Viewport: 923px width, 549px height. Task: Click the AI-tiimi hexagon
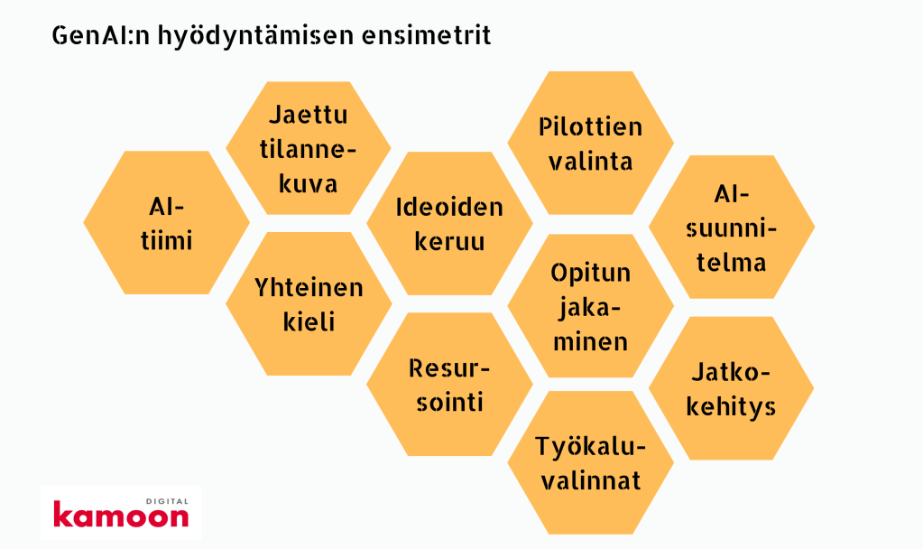pos(167,223)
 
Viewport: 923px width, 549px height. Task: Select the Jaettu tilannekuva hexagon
pos(309,148)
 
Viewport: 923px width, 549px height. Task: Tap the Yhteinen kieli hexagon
pos(309,304)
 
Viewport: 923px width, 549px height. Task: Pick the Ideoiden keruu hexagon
pos(449,224)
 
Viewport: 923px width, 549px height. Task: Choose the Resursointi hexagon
pos(449,385)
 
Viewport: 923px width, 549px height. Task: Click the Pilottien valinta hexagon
pos(590,144)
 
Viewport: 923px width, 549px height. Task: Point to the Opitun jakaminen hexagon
pos(590,306)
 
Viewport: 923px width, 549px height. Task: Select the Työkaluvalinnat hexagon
pos(590,463)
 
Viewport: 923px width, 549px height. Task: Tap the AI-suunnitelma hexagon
pos(732,227)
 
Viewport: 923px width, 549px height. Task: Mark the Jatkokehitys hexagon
pos(732,388)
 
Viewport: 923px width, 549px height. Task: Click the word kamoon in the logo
pos(121,515)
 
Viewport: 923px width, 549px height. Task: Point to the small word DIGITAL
pos(167,501)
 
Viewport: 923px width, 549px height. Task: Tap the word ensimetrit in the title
pos(426,35)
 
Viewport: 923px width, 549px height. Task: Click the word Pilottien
pos(590,126)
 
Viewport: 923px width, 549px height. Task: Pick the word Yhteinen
pos(309,288)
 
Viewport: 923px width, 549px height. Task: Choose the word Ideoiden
pos(449,208)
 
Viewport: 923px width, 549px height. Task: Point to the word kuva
pos(308,183)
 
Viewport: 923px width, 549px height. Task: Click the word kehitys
pos(731,407)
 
